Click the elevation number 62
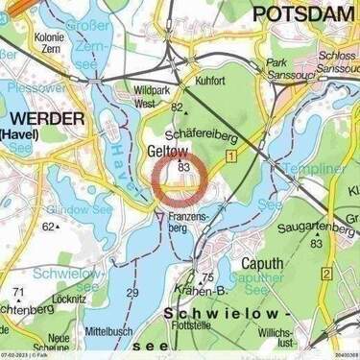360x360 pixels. (x=48, y=227)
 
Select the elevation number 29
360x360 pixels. (x=132, y=293)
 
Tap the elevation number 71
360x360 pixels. (x=18, y=292)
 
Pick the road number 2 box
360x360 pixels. (x=326, y=275)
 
